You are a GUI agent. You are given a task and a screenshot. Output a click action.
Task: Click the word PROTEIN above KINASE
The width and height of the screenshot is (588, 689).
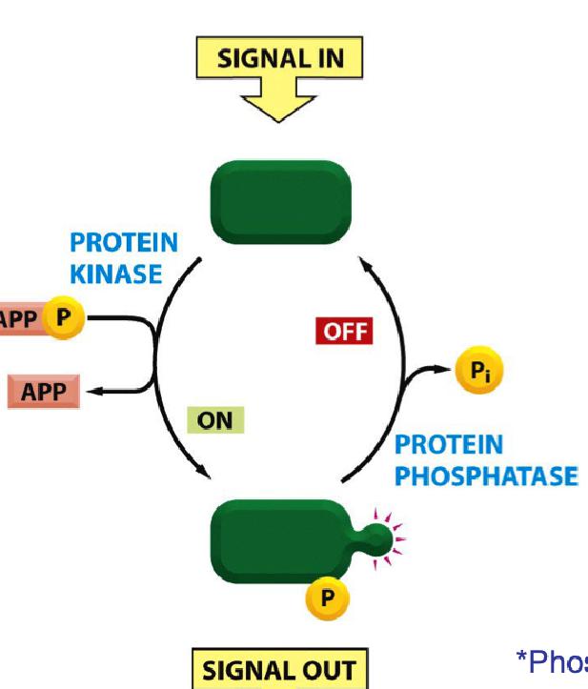tap(124, 245)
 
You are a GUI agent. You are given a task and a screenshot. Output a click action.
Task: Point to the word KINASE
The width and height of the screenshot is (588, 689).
tap(116, 274)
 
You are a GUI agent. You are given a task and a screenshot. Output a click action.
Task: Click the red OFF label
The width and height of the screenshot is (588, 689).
tap(343, 332)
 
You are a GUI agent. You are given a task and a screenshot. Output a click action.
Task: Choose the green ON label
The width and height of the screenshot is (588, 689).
tap(215, 420)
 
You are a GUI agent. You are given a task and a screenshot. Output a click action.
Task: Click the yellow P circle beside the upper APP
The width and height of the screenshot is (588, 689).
tap(64, 317)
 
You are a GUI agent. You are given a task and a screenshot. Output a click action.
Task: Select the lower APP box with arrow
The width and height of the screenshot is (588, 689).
tap(43, 392)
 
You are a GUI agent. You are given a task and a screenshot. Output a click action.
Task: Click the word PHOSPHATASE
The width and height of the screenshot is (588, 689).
tap(486, 475)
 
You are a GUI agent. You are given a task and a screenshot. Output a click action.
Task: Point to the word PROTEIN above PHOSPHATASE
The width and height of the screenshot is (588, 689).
tap(448, 445)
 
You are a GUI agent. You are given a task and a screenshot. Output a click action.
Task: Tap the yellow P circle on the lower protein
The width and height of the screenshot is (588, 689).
tap(327, 598)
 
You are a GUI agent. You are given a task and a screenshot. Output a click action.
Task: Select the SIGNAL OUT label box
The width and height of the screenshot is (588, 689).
tap(278, 669)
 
